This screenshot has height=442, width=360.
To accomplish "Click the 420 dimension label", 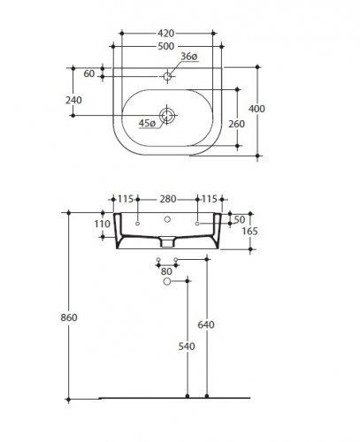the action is [x=166, y=34].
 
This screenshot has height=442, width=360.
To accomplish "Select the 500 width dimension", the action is [x=166, y=46].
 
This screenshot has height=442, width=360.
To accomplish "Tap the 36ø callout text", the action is [x=189, y=57].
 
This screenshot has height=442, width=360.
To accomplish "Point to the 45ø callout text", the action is [x=147, y=123].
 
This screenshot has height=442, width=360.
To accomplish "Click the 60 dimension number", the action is [x=89, y=73].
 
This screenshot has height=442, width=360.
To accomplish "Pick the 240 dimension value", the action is [x=73, y=100].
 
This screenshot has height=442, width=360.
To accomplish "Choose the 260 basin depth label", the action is [x=237, y=124].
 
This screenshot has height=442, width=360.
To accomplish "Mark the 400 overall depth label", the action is [x=257, y=109].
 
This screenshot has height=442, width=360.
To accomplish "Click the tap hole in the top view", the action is [x=167, y=76].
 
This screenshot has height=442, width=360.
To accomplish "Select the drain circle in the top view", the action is [x=167, y=115].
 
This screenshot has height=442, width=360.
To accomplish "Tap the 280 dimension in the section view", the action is [x=168, y=199].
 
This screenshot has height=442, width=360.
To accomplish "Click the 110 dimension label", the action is [x=103, y=224].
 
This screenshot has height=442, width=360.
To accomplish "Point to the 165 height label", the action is [x=250, y=231].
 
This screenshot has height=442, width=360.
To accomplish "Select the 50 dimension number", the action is [x=240, y=219].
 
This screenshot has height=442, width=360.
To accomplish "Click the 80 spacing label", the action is [x=167, y=271].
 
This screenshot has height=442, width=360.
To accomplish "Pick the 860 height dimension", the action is [x=69, y=317].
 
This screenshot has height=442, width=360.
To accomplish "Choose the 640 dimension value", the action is [x=206, y=324].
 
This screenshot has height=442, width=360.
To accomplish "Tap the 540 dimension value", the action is [x=187, y=347].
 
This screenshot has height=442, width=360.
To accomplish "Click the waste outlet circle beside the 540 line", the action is [x=167, y=281].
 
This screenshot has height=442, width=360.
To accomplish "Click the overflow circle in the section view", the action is [x=167, y=219].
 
